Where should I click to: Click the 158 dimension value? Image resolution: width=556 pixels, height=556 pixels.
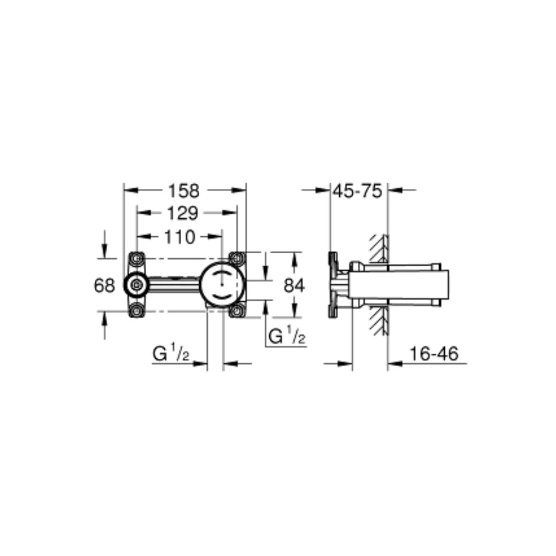click(184, 191)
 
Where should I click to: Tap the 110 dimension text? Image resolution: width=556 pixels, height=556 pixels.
click(180, 237)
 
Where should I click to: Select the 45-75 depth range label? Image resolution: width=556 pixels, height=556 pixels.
click(357, 191)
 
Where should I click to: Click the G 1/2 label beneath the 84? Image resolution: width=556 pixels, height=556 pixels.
click(287, 337)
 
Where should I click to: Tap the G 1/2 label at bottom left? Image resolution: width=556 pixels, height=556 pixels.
click(171, 354)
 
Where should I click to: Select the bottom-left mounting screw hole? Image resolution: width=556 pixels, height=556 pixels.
click(136, 310)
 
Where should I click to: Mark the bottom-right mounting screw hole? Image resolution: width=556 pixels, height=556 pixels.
click(236, 310)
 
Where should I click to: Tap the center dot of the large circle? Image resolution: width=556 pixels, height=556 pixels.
click(222, 284)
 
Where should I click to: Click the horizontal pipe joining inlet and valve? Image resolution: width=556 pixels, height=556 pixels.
click(173, 284)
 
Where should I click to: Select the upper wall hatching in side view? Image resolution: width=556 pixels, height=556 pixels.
click(378, 249)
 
